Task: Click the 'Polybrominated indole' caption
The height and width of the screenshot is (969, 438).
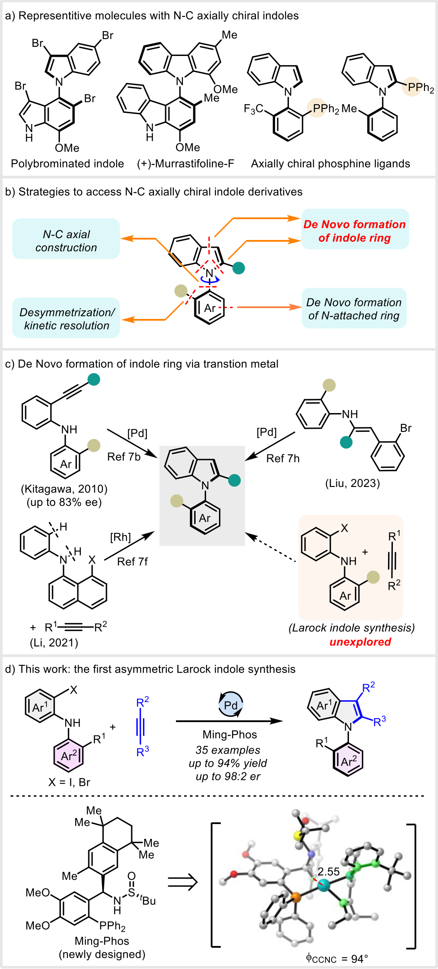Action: (67, 164)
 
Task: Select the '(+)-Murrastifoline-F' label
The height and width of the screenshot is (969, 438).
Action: (186, 164)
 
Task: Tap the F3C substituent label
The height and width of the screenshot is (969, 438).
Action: (253, 109)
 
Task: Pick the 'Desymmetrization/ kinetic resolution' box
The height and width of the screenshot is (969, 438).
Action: (66, 318)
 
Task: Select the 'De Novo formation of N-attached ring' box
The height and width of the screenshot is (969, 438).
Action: (354, 309)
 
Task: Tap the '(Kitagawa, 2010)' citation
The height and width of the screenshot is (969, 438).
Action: (64, 489)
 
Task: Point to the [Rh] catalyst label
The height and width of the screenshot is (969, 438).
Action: (120, 537)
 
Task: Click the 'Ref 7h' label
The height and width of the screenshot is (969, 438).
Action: (283, 458)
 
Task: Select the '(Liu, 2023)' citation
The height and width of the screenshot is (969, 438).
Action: (352, 483)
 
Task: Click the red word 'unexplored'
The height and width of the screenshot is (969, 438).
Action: (360, 642)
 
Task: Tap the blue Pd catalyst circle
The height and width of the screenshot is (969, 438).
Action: (231, 705)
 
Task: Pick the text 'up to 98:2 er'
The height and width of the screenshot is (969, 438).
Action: (228, 776)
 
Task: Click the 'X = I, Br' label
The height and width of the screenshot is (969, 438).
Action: (69, 782)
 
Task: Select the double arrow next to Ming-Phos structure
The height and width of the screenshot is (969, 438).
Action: (182, 882)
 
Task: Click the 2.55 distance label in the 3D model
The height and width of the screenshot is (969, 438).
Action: (328, 872)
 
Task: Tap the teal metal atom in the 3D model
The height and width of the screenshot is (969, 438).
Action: (323, 885)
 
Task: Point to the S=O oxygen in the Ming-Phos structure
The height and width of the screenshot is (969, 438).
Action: (132, 876)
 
